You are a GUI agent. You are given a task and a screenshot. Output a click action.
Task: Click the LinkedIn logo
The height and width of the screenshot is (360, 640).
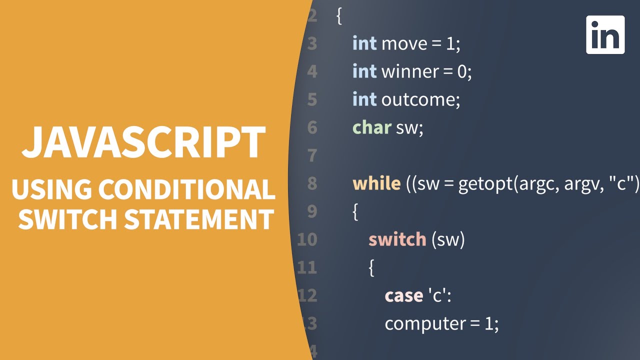click(x=605, y=34)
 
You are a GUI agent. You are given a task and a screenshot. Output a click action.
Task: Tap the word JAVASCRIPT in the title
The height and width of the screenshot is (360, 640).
click(x=143, y=143)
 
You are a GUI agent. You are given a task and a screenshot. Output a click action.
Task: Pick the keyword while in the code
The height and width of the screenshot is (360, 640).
click(x=376, y=184)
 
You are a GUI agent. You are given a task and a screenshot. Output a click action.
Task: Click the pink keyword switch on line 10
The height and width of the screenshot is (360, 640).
click(x=397, y=240)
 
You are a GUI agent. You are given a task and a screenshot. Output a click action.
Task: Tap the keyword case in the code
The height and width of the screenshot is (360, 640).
click(x=403, y=296)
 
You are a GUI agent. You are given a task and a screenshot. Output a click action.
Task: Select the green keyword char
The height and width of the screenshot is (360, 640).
click(x=371, y=128)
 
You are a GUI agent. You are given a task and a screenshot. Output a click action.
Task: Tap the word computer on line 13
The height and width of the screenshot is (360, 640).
click(x=425, y=324)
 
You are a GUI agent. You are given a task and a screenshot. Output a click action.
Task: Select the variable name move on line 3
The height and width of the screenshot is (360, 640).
click(x=404, y=44)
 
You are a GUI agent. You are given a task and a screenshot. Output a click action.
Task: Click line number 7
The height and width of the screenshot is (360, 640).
click(x=312, y=156)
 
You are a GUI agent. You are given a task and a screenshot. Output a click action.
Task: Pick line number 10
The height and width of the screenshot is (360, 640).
click(x=307, y=240)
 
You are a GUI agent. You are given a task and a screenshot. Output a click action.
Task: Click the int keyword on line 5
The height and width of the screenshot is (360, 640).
click(x=364, y=100)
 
